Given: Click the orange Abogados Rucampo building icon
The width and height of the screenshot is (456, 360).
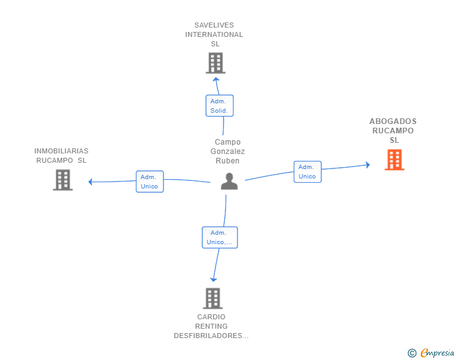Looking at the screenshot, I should click(395, 160).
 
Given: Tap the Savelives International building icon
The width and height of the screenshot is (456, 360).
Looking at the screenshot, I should click(215, 63).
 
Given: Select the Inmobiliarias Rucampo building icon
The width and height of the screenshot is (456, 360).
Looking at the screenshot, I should click(63, 180).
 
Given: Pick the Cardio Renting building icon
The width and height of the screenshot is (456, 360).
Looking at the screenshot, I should click(213, 299).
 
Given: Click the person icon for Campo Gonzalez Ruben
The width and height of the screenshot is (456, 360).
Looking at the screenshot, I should click(229, 182).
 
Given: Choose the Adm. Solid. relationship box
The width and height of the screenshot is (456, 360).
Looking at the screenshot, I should click(219, 105).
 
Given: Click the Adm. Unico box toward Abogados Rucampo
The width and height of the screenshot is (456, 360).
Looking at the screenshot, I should click(307, 172).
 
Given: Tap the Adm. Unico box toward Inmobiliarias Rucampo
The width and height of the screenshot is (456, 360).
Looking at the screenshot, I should click(150, 182).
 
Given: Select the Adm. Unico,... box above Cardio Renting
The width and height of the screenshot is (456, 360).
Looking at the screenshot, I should click(219, 237).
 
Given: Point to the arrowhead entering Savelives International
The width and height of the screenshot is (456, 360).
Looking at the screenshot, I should click(216, 79).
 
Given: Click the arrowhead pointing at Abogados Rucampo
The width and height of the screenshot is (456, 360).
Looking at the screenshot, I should click(367, 165).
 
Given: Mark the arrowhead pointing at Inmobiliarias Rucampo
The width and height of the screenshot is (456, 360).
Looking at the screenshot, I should click(91, 182).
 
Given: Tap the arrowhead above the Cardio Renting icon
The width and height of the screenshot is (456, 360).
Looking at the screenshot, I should click(214, 279).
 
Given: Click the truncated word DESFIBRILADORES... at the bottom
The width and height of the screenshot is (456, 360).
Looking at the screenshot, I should click(211, 336).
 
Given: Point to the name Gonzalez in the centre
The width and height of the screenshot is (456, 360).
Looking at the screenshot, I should click(227, 152).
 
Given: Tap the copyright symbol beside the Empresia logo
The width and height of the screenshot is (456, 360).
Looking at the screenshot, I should click(412, 353).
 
